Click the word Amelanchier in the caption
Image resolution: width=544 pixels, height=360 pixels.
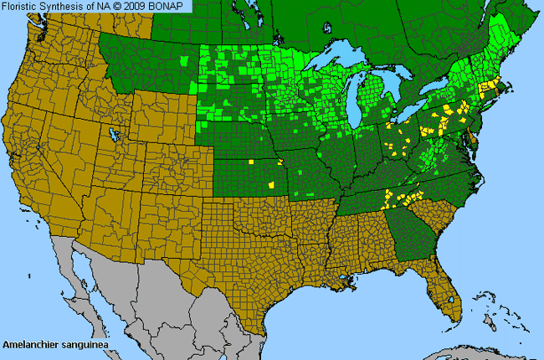tap(32, 344)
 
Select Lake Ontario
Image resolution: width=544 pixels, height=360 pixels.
tap(439, 90)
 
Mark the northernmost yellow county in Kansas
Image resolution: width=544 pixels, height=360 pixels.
tap(251, 161)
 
